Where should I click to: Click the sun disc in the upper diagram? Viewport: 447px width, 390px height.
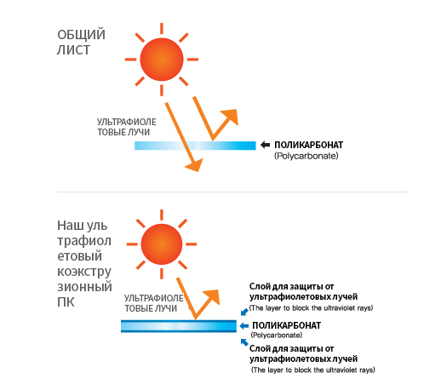(162, 60)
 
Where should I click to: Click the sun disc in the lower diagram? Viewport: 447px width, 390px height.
(162, 244)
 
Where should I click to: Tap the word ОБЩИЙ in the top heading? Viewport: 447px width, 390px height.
(81, 35)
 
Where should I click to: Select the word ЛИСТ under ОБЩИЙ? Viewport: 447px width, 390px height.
(73, 50)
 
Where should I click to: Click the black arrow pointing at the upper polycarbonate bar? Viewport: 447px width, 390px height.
(265, 145)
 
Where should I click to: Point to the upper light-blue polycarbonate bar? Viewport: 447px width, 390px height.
(195, 146)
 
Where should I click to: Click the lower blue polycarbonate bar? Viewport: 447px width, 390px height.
(179, 326)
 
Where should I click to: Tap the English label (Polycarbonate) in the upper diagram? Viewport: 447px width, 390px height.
(307, 156)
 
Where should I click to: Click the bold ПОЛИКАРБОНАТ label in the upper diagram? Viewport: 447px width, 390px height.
(309, 145)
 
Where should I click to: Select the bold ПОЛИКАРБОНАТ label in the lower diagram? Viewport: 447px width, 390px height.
(286, 325)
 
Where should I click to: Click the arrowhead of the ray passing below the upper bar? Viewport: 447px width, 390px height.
(195, 165)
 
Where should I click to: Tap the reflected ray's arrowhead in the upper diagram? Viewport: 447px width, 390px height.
(231, 117)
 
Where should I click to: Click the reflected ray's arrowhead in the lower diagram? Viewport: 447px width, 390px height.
(212, 297)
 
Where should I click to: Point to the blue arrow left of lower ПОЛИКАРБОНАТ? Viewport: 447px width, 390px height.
(244, 326)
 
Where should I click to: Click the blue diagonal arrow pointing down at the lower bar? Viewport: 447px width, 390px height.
(244, 312)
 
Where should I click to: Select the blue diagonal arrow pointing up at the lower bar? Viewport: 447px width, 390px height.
(244, 342)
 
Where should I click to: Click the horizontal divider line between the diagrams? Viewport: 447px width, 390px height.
(233, 192)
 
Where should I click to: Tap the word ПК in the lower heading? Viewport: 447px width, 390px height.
(66, 302)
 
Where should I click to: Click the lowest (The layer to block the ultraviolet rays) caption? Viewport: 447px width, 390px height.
(313, 370)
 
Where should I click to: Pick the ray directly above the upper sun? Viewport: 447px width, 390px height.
(162, 28)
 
